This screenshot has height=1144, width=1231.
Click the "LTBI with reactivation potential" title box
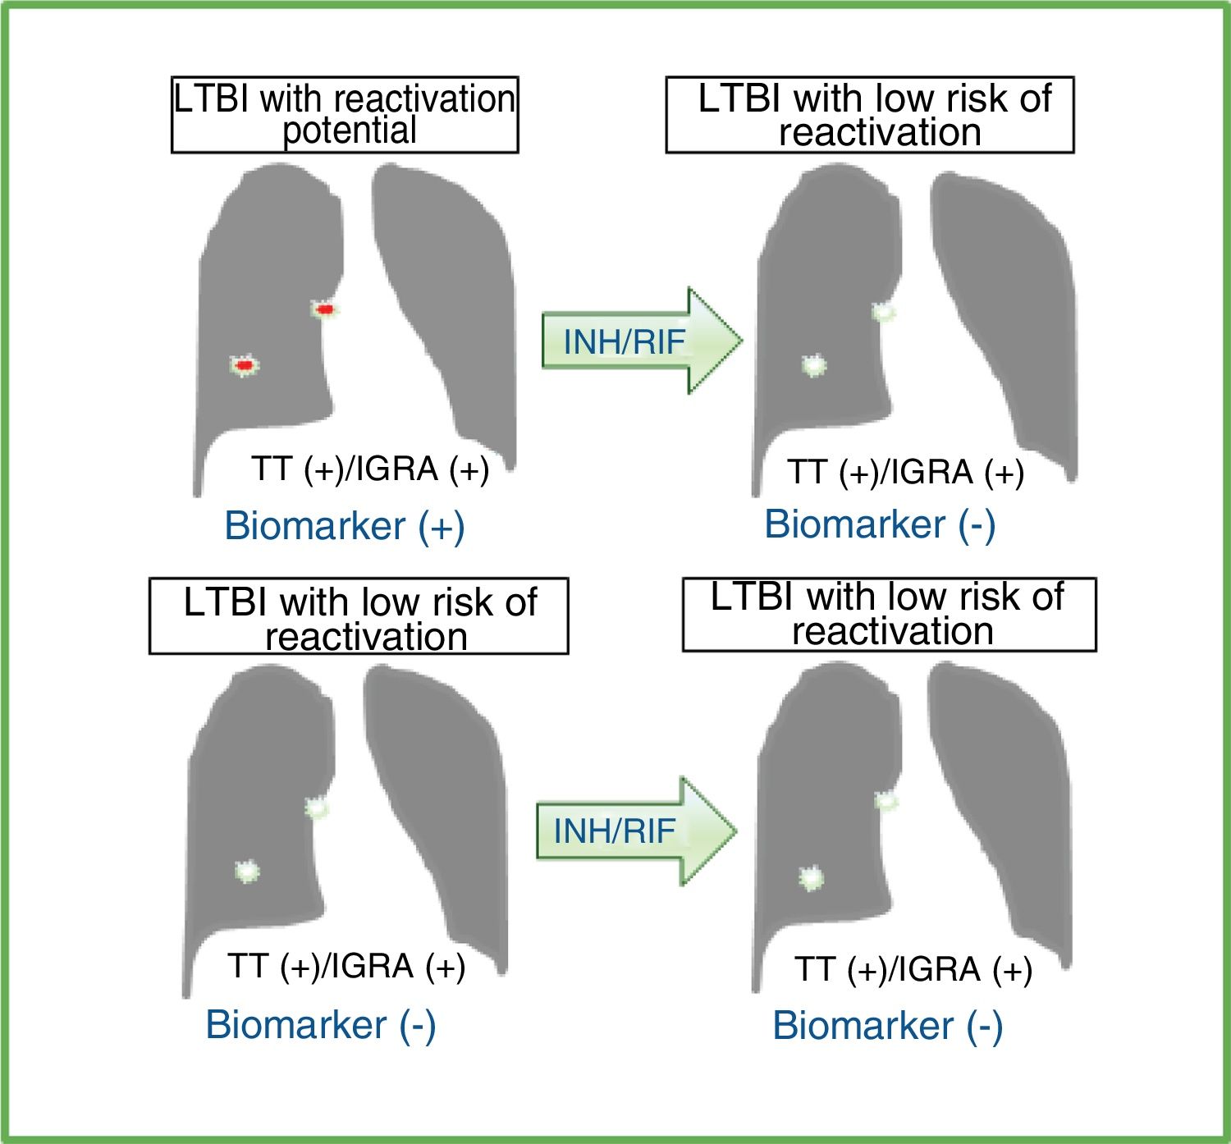point(345,115)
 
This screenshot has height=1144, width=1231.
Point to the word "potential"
point(350,131)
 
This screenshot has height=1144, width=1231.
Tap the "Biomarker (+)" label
point(345,525)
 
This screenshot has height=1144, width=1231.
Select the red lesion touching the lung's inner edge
point(325,309)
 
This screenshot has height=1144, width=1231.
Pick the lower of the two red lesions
point(243,364)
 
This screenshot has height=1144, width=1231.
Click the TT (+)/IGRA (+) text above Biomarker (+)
point(370,469)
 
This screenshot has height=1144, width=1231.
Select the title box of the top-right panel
point(870,115)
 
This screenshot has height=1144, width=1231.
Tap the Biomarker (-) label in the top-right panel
point(880,524)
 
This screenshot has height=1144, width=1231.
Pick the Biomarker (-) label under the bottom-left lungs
point(320,1024)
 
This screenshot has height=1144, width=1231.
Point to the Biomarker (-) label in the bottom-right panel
point(887,1026)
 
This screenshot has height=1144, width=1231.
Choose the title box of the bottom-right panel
point(889,614)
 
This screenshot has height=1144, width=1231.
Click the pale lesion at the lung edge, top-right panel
point(884,312)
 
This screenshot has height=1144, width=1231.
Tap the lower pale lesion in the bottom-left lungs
point(246,871)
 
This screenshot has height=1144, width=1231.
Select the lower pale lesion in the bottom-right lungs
point(811,879)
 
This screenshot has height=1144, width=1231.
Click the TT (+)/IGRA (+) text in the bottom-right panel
point(913,970)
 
